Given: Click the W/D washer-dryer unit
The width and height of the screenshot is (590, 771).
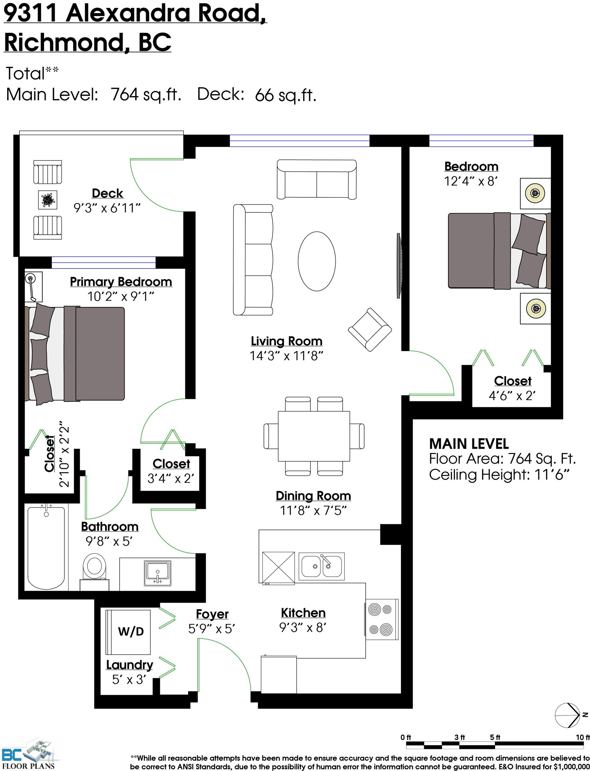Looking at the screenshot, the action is [x=128, y=632].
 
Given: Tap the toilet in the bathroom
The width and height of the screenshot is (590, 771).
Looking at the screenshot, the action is [x=94, y=572].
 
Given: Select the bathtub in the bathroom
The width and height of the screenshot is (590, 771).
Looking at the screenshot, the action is [x=46, y=547].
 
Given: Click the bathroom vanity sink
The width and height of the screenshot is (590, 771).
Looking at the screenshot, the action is [x=158, y=574].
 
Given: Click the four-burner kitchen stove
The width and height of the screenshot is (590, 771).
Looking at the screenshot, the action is [x=382, y=619].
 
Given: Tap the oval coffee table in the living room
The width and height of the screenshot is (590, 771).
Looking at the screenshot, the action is [x=317, y=261].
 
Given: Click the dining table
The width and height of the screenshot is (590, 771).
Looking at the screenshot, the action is [x=314, y=436].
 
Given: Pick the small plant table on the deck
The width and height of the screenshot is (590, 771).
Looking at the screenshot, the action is [x=48, y=200].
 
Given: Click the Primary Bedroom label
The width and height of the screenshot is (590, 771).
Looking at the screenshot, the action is [x=121, y=282].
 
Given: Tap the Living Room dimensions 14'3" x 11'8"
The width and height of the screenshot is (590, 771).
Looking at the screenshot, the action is [x=286, y=356].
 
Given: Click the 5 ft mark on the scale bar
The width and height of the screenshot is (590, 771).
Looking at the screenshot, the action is [x=495, y=737].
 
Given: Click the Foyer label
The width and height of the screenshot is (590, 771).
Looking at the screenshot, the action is [x=212, y=614].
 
